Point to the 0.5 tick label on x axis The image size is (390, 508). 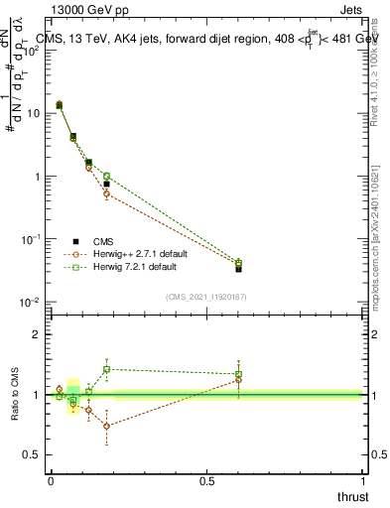coord(206,481)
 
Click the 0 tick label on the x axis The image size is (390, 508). coord(51,481)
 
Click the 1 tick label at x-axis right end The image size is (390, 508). coord(363,481)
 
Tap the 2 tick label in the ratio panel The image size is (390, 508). coord(36,334)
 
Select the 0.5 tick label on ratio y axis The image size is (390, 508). coord(32,456)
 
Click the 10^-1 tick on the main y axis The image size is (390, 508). coord(30,239)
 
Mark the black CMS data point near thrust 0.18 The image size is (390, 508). coord(107,184)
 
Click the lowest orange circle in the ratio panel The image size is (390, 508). coord(107,427)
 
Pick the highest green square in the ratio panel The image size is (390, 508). coord(107,369)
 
